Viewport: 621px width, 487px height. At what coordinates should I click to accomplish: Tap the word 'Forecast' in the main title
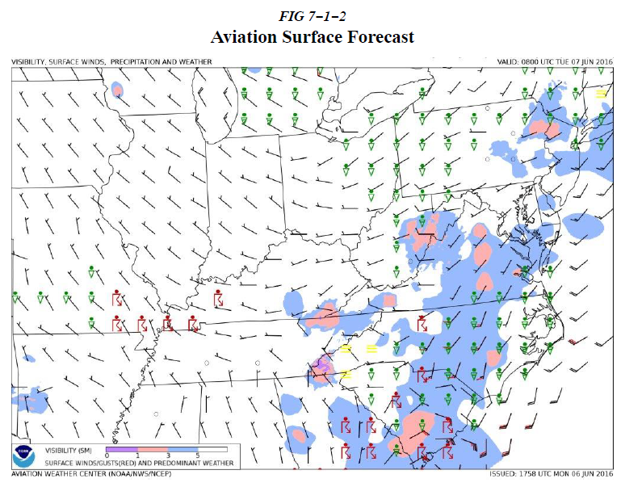pos(380,38)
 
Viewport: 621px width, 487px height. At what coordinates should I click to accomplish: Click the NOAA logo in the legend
pos(25,456)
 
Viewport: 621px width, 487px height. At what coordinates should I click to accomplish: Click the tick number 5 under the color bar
pos(198,457)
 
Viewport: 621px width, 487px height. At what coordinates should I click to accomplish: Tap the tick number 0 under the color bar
pos(107,457)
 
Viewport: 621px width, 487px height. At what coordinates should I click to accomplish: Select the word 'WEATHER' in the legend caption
pos(218,464)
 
